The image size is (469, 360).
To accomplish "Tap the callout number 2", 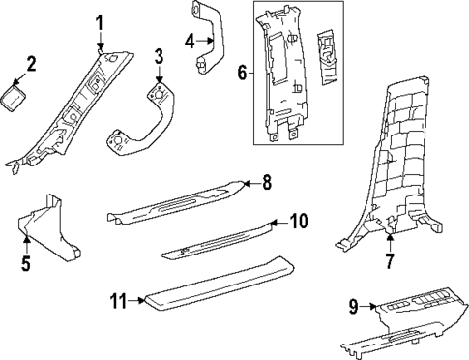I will point(31,64).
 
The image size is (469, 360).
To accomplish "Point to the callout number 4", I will point(191,41).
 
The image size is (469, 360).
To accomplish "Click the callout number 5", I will point(26,262).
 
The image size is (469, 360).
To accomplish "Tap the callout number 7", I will point(390,259).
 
